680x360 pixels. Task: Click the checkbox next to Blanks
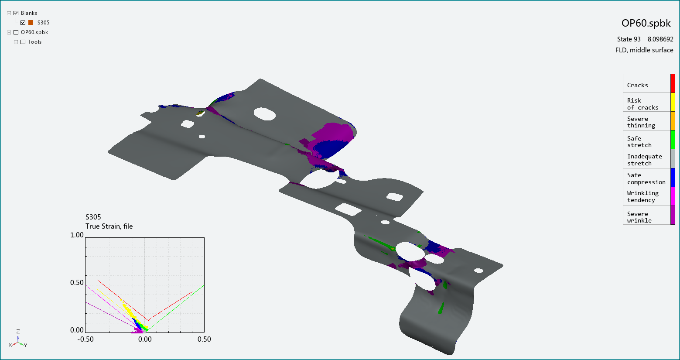click(x=16, y=13)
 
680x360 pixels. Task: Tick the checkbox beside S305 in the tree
click(x=23, y=23)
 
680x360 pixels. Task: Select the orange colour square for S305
click(x=31, y=23)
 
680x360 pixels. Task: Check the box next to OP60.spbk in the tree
click(x=16, y=32)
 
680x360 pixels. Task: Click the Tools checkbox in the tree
click(x=23, y=42)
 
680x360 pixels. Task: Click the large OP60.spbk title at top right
click(x=646, y=24)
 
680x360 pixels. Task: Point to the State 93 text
click(x=629, y=39)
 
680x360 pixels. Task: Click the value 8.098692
click(x=660, y=39)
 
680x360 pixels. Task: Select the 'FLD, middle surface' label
click(x=644, y=50)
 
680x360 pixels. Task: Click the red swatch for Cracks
click(x=673, y=83)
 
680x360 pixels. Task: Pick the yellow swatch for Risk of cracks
click(x=673, y=102)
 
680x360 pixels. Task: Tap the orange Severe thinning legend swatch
click(x=673, y=121)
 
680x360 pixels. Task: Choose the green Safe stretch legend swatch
click(x=673, y=140)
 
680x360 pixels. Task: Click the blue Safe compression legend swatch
click(x=673, y=178)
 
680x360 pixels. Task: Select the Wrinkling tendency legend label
click(x=642, y=196)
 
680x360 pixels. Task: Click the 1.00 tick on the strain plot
click(x=77, y=235)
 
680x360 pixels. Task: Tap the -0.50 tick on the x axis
click(x=85, y=339)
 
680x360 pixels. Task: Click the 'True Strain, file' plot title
click(x=109, y=226)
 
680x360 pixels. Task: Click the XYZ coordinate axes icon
click(x=18, y=339)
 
